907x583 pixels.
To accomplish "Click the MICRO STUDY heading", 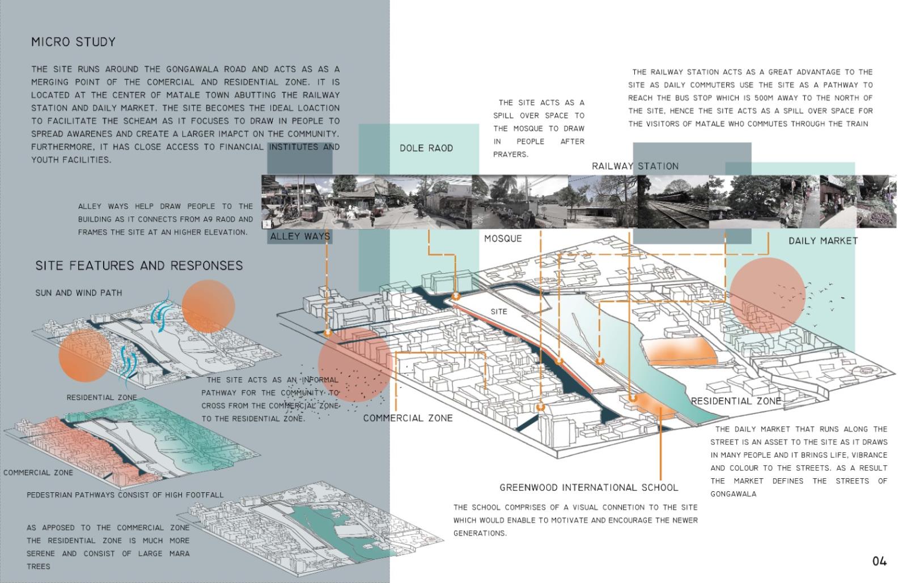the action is [73, 42].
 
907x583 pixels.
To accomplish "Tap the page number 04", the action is [879, 561].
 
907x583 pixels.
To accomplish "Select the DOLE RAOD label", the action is [426, 148].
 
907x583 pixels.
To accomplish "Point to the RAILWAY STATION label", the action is [635, 166].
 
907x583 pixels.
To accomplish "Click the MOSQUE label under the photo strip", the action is [503, 239].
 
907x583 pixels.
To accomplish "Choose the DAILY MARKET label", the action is [823, 241].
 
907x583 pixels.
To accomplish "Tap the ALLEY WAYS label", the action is [300, 236].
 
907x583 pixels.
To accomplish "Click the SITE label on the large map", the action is [499, 312].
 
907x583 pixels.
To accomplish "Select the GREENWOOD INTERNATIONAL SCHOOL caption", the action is [589, 487].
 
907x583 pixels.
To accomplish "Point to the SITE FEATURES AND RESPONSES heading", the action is [139, 265].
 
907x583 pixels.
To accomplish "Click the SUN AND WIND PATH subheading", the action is [79, 292].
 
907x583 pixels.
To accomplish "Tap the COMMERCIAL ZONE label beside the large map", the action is [408, 418].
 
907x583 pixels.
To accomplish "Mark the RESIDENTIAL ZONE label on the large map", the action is [736, 401].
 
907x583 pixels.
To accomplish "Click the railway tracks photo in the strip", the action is [673, 202].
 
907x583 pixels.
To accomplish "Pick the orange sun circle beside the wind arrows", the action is [208, 307].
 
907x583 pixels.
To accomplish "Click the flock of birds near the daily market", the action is [808, 302].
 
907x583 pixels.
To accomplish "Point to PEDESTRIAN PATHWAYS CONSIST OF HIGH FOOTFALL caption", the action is [125, 495].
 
